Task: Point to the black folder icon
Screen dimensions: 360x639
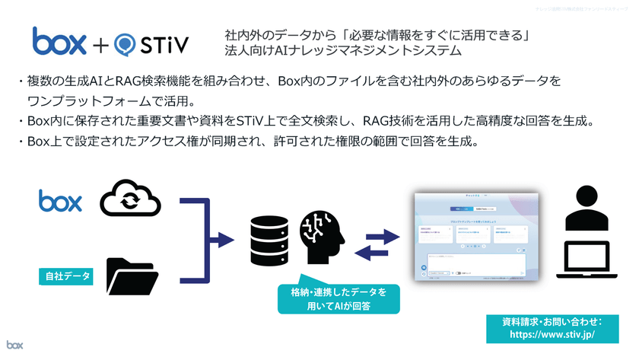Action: (x=132, y=276)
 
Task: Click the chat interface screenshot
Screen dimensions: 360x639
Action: (x=479, y=237)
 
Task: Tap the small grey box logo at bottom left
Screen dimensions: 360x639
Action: (x=15, y=345)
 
